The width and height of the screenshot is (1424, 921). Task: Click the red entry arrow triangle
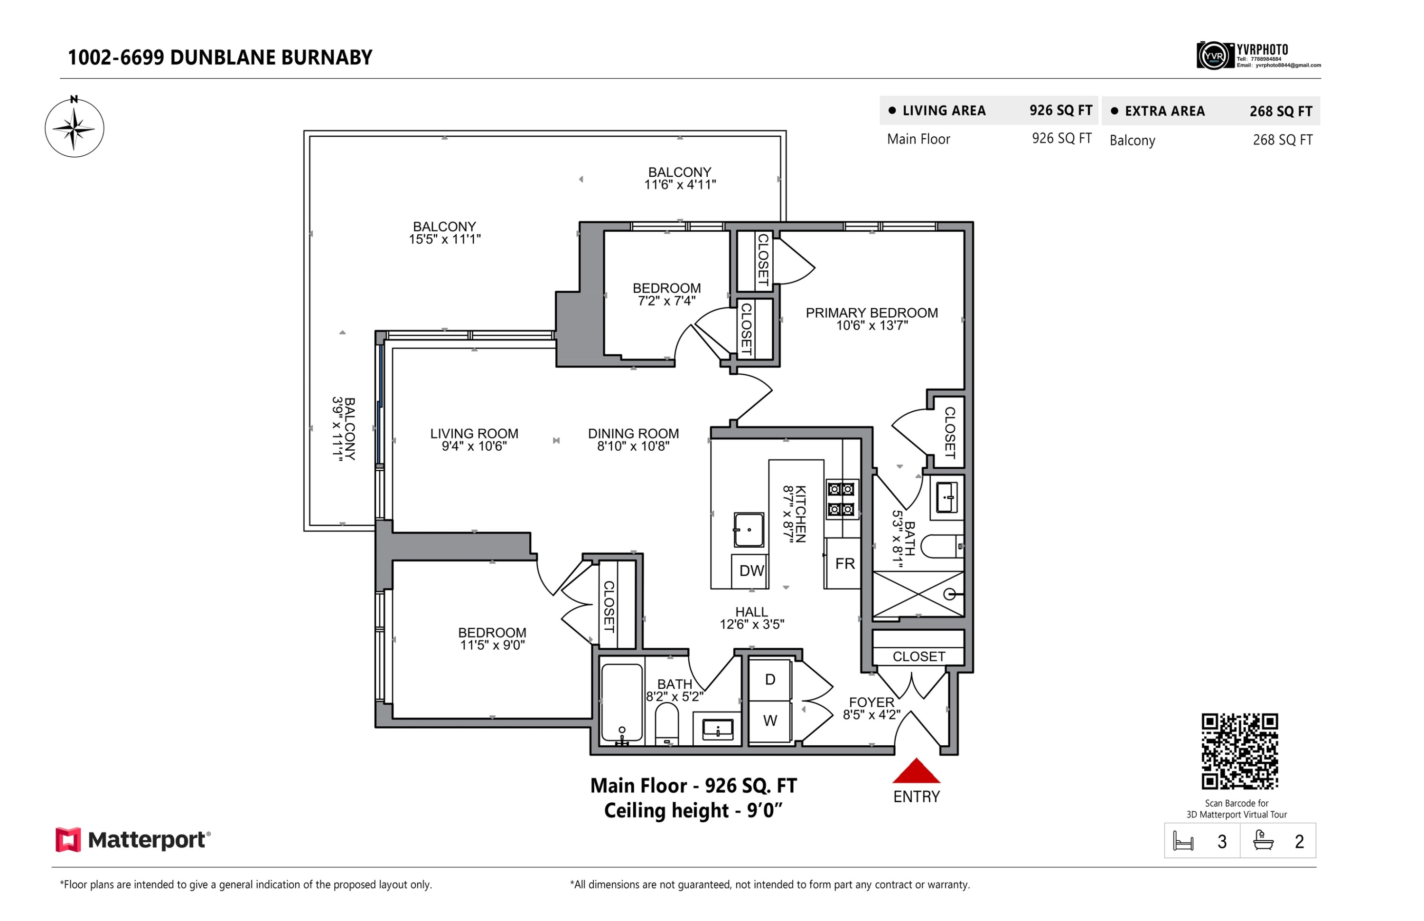tap(916, 772)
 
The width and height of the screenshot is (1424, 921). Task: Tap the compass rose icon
tap(74, 128)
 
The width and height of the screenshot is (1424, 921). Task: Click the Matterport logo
tap(132, 840)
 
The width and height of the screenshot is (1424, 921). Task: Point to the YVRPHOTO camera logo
tap(1214, 56)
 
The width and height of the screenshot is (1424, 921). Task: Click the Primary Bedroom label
tap(871, 313)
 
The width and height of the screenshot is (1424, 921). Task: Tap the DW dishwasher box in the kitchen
tap(750, 570)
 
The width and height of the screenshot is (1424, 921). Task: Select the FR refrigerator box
tap(844, 563)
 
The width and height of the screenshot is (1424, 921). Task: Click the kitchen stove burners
tap(840, 499)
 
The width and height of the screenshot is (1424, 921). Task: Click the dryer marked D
tap(769, 679)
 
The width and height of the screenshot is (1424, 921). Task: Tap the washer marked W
tap(769, 721)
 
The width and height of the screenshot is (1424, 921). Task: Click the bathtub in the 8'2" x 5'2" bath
tap(621, 703)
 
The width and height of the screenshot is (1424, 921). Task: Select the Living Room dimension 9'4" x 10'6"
tap(474, 446)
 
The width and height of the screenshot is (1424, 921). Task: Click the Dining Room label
tap(633, 434)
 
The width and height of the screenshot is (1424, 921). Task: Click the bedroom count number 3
tap(1221, 842)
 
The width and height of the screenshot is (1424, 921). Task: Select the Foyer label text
tap(871, 702)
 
